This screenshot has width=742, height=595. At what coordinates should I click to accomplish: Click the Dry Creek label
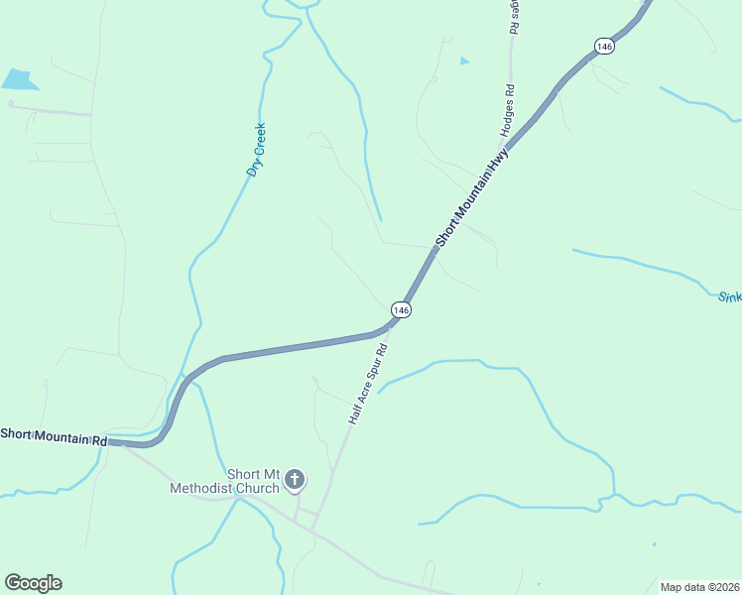[x=258, y=150]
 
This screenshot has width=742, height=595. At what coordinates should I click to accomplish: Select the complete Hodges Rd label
[x=509, y=110]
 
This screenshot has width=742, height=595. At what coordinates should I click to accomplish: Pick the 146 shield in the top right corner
[x=605, y=47]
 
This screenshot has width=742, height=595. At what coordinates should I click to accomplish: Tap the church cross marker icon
[x=294, y=481]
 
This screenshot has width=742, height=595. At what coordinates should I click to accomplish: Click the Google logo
[x=33, y=583]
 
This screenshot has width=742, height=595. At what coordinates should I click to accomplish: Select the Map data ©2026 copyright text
[x=698, y=586]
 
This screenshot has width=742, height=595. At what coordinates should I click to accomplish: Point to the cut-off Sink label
[x=729, y=296]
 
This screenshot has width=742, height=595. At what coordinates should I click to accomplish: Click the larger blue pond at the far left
[x=19, y=79]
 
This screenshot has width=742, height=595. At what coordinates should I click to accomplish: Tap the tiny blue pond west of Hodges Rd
[x=465, y=61]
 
